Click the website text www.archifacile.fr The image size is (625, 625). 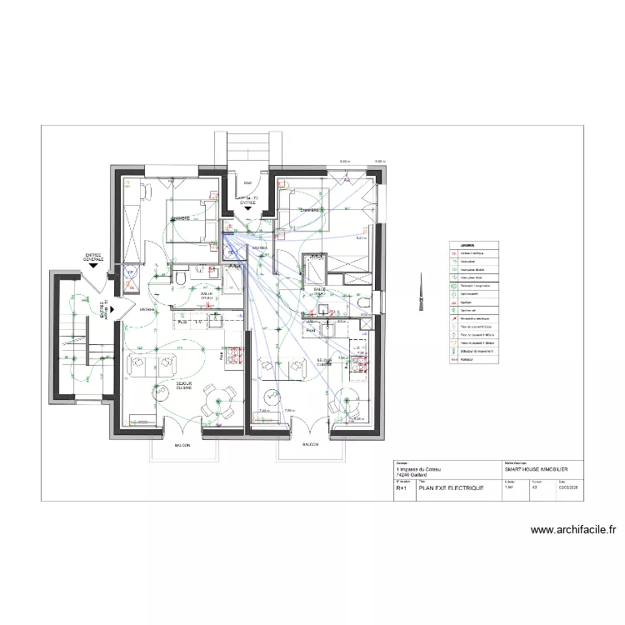(x=572, y=529)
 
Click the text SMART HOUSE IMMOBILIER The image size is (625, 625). (x=536, y=470)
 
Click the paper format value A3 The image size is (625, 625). (x=536, y=489)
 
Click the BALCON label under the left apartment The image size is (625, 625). (x=182, y=446)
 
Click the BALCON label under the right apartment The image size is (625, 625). (x=310, y=446)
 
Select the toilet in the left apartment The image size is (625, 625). (x=180, y=275)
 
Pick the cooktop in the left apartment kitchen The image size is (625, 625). (x=237, y=353)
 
